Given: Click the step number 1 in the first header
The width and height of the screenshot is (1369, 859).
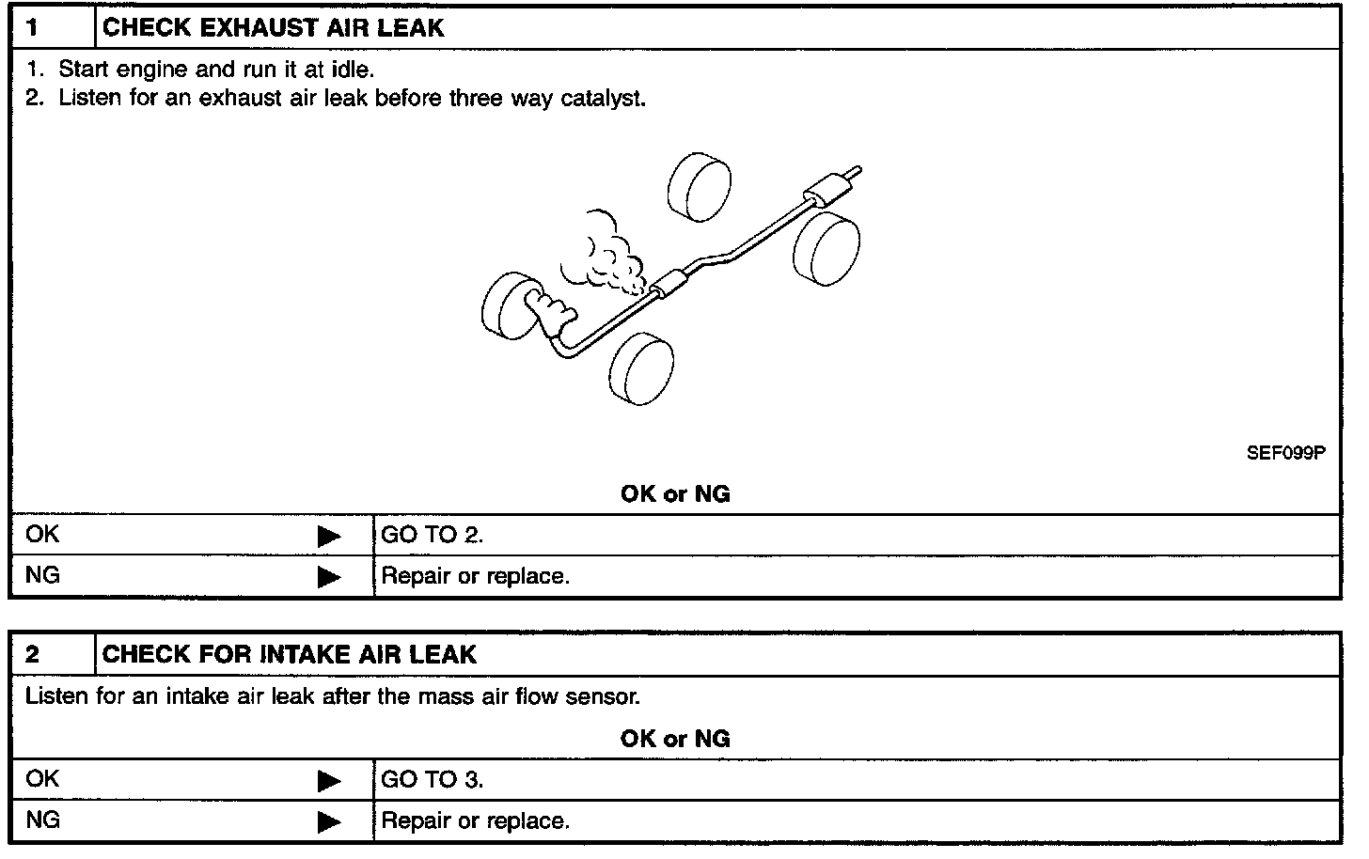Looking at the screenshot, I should [33, 28].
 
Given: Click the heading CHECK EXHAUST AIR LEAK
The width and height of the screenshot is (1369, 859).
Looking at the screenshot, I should [273, 28].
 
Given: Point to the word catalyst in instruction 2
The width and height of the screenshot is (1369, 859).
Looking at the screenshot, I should [606, 99].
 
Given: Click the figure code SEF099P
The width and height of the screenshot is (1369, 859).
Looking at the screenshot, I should [1285, 453].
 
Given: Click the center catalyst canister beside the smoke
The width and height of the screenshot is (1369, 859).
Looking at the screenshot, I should [670, 281].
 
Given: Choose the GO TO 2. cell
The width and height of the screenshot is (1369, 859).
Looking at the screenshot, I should [432, 536].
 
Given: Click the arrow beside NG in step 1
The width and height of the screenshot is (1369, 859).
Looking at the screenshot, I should [329, 576].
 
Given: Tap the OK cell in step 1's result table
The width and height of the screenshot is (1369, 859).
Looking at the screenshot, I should [42, 535].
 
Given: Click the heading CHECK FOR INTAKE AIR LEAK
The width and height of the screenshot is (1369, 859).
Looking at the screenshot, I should [289, 654].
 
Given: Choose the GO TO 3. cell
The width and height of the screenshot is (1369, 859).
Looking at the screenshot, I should [432, 780].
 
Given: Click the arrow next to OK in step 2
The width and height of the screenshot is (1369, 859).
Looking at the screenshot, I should [329, 780].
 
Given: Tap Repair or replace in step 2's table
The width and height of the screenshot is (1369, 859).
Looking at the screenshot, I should [475, 821].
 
